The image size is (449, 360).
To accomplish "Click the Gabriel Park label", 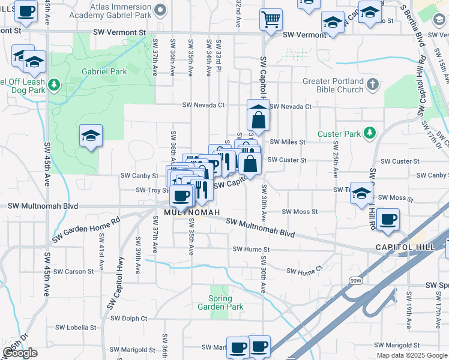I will (x=110, y=71).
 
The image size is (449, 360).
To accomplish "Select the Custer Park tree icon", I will (x=372, y=131).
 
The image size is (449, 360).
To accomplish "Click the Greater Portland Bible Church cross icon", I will (x=373, y=83).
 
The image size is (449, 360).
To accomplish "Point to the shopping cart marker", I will (x=271, y=19).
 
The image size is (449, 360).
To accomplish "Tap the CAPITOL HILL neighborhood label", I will (x=405, y=247).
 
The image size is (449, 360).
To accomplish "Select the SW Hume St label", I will (x=251, y=249).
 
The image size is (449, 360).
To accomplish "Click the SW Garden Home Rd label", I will (x=86, y=229).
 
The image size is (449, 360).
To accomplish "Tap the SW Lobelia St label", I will (x=76, y=328).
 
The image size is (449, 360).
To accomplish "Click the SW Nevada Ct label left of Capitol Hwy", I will (x=203, y=105).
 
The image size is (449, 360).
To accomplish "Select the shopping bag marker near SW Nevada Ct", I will (x=258, y=118).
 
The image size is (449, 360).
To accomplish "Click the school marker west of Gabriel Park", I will (x=91, y=137).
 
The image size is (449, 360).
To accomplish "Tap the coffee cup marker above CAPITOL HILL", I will (x=388, y=219).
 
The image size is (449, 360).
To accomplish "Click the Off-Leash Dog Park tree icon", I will (x=55, y=83).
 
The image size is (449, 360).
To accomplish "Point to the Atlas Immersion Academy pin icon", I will (x=160, y=10).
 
